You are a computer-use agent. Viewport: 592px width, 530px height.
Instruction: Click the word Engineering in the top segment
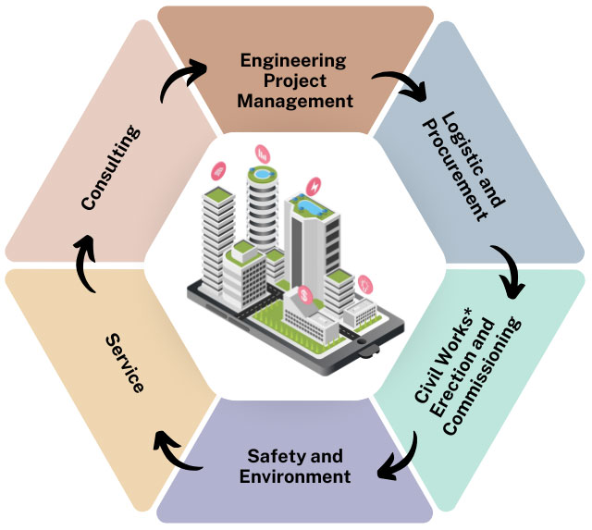point(293,61)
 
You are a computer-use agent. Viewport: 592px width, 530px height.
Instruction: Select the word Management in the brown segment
point(295,101)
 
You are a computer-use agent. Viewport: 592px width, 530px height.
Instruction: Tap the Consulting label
point(111,167)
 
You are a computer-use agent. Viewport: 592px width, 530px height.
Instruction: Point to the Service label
point(125,364)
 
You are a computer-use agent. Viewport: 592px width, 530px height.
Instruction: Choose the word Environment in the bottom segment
point(295,476)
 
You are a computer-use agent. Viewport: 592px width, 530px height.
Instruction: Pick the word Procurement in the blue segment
point(454,171)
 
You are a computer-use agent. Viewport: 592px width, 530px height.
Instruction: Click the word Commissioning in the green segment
point(483,376)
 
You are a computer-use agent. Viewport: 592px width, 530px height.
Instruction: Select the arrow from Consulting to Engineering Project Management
point(177,74)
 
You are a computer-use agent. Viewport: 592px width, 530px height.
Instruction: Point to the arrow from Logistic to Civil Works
point(511,269)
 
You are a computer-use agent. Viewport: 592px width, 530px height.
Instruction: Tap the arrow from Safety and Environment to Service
point(175,455)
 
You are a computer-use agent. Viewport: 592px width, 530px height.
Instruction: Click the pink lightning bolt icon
point(314,187)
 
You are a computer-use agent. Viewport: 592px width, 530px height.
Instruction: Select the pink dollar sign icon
point(305,295)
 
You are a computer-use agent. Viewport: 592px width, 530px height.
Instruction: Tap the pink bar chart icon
point(263,154)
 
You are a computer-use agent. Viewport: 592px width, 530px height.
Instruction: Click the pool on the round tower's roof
point(261,174)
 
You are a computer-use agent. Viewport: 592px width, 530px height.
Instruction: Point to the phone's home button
point(362,341)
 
